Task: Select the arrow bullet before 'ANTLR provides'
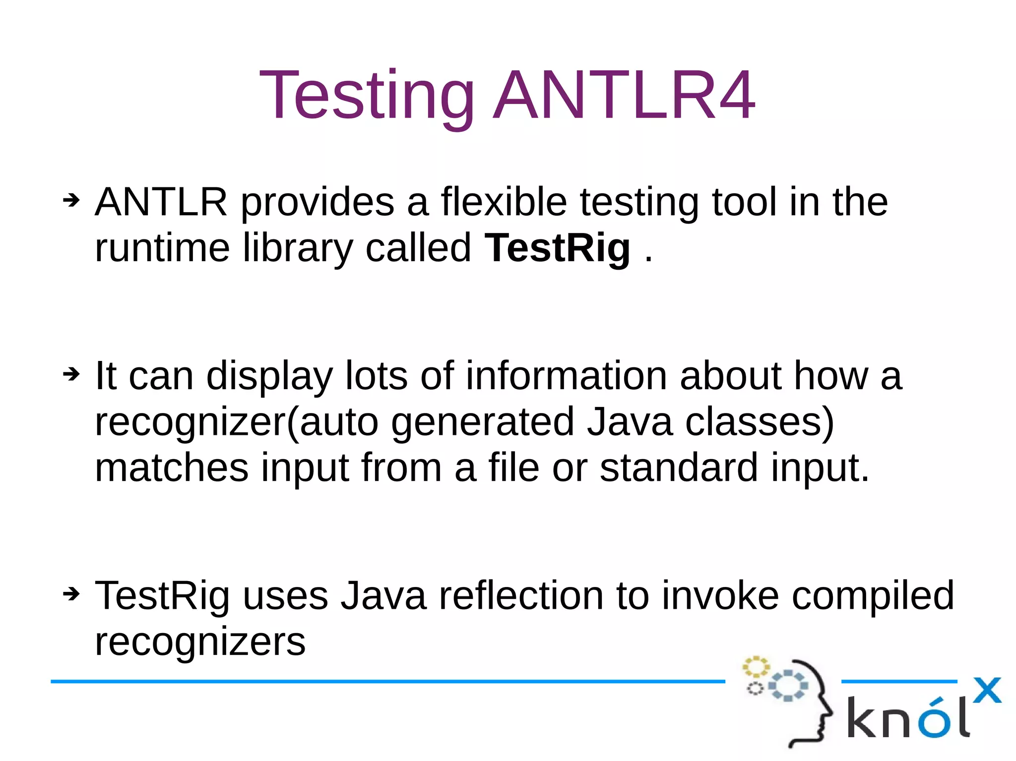tap(71, 201)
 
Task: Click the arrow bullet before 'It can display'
tap(71, 374)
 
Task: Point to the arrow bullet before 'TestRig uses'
tap(71, 593)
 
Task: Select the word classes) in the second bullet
tap(760, 422)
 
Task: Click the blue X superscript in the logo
tap(987, 690)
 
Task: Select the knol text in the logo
tap(907, 718)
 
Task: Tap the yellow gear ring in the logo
tap(756, 667)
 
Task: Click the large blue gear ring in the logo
tap(788, 686)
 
